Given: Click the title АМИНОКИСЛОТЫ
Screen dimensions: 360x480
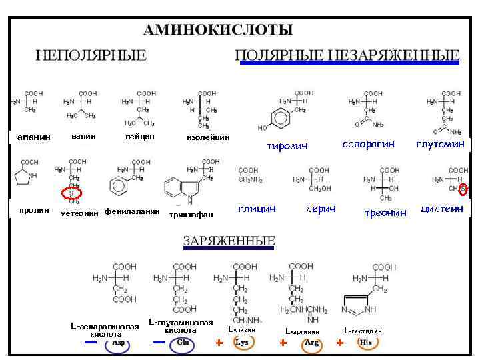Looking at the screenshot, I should (218, 30).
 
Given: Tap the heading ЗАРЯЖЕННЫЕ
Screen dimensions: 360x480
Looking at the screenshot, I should (229, 241).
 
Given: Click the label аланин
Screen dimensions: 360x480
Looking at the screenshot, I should (33, 137).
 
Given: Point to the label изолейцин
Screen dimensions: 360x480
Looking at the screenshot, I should (208, 137).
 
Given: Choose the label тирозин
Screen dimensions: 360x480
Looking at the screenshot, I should (287, 146).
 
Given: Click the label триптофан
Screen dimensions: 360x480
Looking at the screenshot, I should (191, 214).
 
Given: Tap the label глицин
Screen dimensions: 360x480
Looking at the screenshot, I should (257, 209).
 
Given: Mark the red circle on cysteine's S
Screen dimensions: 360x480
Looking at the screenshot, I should (463, 189).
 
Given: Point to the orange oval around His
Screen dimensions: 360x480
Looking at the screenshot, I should (365, 343).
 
